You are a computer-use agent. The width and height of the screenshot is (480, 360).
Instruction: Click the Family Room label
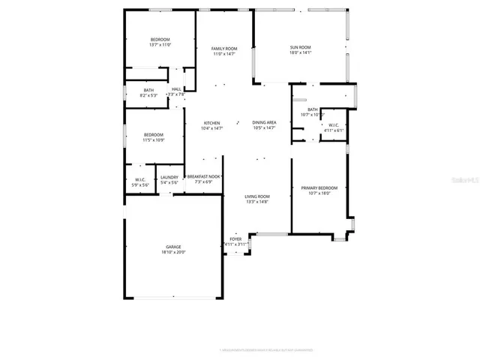pyautogui.click(x=223, y=48)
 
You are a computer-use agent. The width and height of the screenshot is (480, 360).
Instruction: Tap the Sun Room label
pyautogui.click(x=301, y=48)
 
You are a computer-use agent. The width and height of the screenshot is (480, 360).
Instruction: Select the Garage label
pyautogui.click(x=173, y=247)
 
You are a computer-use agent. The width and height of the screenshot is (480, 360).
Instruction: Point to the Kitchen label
pyautogui.click(x=212, y=123)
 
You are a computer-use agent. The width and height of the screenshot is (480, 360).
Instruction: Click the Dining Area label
pyautogui.click(x=264, y=122)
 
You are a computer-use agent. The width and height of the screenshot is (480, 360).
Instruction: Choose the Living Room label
pyautogui.click(x=256, y=196)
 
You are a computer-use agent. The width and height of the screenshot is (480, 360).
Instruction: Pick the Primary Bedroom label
pyautogui.click(x=319, y=187)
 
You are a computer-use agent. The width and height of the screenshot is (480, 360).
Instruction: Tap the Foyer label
pyautogui.click(x=235, y=239)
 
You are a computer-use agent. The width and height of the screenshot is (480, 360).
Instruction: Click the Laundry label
pyautogui.click(x=169, y=177)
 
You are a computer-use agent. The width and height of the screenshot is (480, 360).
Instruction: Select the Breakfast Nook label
pyautogui.click(x=204, y=177)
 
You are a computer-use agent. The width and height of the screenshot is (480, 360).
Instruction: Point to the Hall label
pyautogui.click(x=176, y=89)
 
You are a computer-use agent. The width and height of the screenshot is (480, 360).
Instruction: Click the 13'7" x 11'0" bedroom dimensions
pyautogui.click(x=160, y=45)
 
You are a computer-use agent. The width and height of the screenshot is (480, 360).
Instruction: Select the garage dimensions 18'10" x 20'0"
pyautogui.click(x=173, y=252)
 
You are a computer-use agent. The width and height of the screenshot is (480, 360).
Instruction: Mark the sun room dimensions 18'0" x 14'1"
pyautogui.click(x=301, y=53)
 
